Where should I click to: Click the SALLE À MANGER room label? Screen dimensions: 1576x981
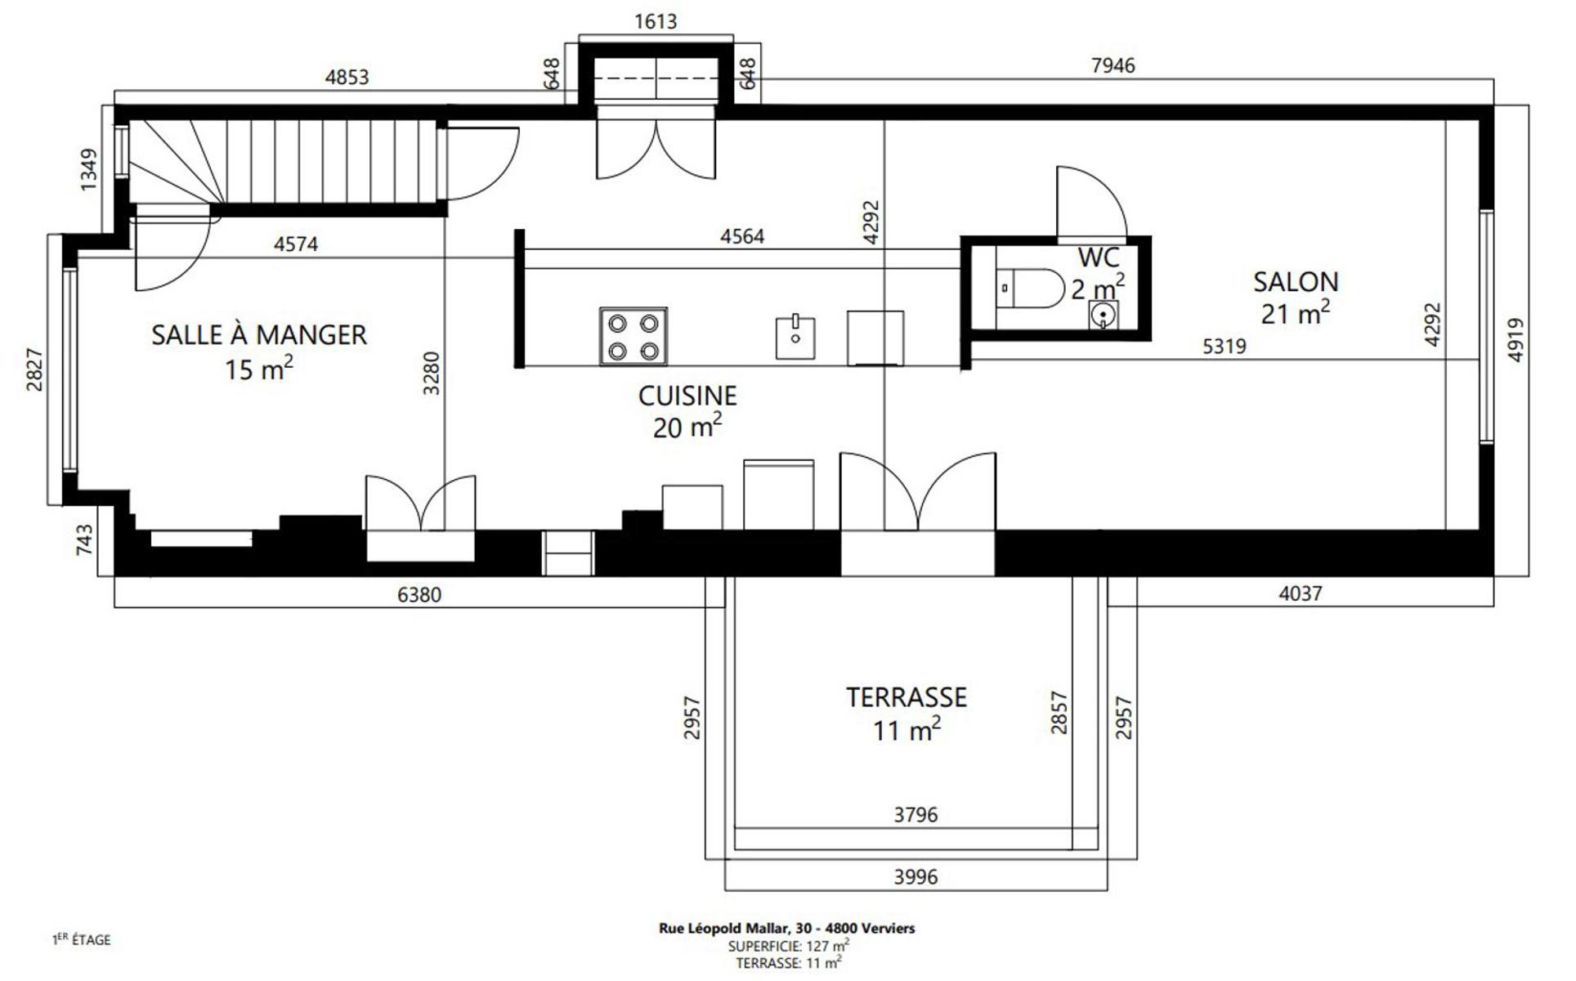[x=259, y=335]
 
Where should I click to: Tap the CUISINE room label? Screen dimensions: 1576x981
[x=687, y=396]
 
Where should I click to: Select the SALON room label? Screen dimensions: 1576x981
[x=1296, y=282]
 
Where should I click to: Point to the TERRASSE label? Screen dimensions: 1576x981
[x=907, y=697]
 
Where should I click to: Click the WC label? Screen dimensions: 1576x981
[x=1098, y=258]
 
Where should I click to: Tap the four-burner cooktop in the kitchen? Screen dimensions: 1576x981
[x=634, y=336]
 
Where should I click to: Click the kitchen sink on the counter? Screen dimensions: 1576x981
[x=795, y=336]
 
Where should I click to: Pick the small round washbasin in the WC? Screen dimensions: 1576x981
[x=1104, y=313]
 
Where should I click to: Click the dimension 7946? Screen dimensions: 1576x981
[x=1113, y=65]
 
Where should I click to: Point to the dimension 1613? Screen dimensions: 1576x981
[x=656, y=21]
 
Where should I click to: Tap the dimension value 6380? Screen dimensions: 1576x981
[x=419, y=594]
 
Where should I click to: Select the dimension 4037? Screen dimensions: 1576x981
[x=1300, y=594]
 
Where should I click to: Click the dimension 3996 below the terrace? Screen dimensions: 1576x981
[x=916, y=877]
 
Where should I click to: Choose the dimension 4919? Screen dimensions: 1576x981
[x=1516, y=340]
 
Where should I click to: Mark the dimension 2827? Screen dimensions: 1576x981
[x=34, y=370]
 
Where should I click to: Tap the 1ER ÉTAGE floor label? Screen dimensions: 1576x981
[x=81, y=940]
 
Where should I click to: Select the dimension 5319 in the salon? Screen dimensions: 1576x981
[x=1225, y=347]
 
